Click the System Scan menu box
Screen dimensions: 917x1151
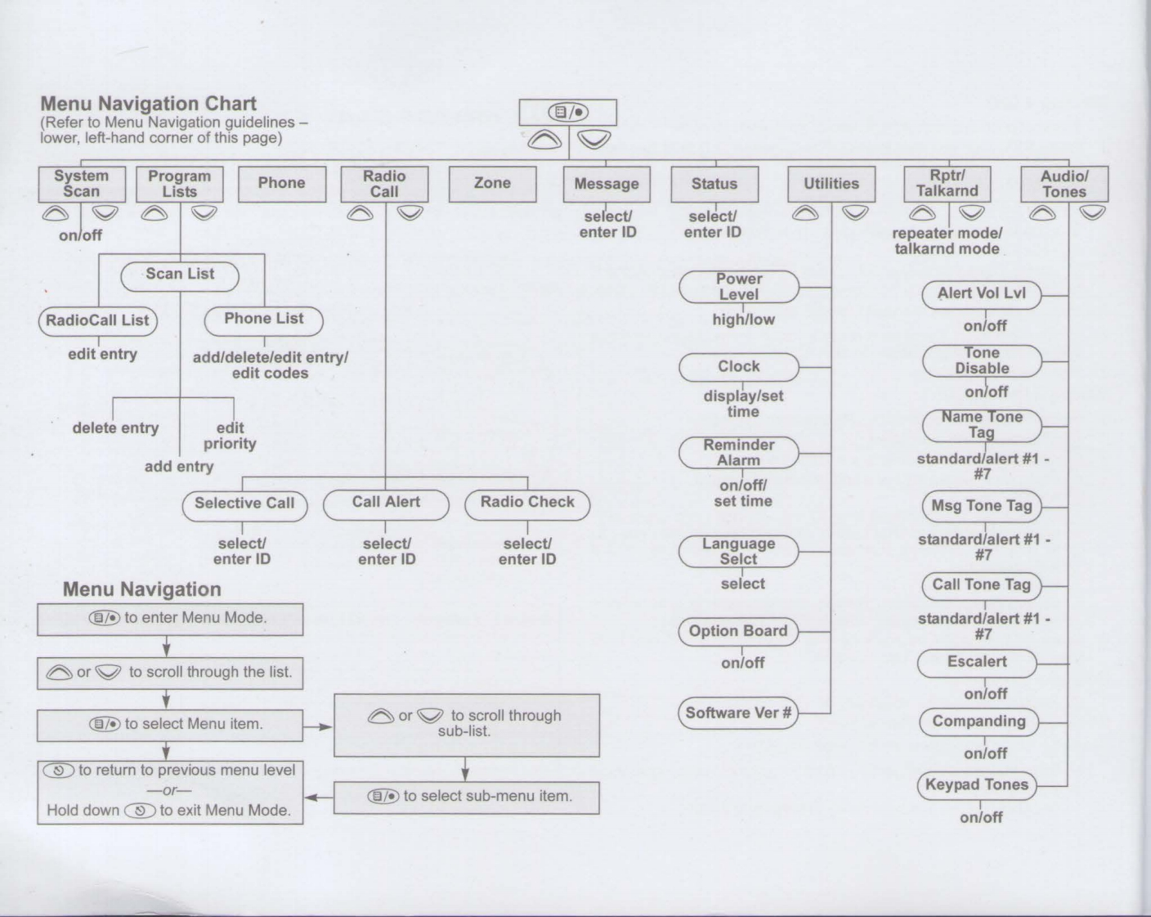click(x=82, y=184)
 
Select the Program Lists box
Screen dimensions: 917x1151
click(x=179, y=184)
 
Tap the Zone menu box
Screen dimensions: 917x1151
click(x=492, y=184)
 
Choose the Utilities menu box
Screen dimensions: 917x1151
click(x=831, y=184)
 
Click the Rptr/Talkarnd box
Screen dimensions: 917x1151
click(x=947, y=184)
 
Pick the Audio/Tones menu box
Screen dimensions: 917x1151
click(x=1064, y=184)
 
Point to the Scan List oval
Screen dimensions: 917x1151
click(x=180, y=275)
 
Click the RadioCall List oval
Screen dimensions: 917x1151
click(x=97, y=320)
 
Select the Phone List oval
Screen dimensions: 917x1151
click(x=263, y=320)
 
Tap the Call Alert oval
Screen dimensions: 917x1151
click(x=386, y=503)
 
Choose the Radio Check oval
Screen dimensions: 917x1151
click(x=527, y=503)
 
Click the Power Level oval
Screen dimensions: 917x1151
click(x=739, y=287)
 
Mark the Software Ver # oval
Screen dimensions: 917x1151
click(x=738, y=713)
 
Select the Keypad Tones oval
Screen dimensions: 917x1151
click(x=977, y=785)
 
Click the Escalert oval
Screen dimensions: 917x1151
click(x=977, y=662)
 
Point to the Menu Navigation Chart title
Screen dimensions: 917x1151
click(x=148, y=104)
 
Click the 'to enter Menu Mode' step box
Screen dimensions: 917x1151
click(x=170, y=619)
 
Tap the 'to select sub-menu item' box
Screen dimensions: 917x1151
click(x=466, y=797)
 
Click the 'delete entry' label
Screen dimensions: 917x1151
click(x=115, y=428)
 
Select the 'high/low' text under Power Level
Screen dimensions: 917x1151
click(x=743, y=320)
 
